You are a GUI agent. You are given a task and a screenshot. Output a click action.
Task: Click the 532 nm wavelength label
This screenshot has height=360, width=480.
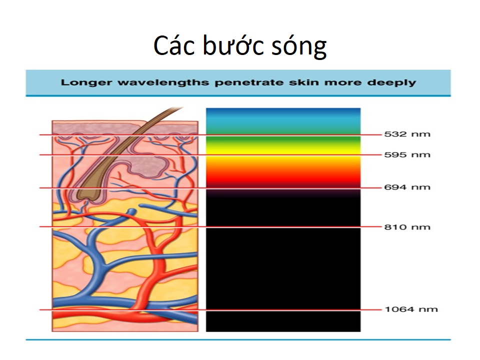pyautogui.click(x=407, y=134)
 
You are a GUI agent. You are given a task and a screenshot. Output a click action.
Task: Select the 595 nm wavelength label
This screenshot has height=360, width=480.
pyautogui.click(x=407, y=154)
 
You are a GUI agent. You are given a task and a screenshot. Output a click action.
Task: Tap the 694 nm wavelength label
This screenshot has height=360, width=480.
pyautogui.click(x=407, y=187)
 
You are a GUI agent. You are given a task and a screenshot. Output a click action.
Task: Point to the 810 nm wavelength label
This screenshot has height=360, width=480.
pyautogui.click(x=407, y=227)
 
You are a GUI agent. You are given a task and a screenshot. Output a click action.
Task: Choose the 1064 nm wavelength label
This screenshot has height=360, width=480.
pyautogui.click(x=411, y=309)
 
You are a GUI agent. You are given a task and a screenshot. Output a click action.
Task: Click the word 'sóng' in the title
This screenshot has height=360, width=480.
pyautogui.click(x=299, y=46)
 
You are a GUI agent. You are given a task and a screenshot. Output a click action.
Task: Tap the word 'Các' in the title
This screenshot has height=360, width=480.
pyautogui.click(x=174, y=45)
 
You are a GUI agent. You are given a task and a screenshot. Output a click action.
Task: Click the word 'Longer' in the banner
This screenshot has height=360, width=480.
pyautogui.click(x=86, y=82)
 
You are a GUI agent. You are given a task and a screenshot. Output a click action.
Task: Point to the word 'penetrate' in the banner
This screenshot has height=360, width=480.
pyautogui.click(x=249, y=82)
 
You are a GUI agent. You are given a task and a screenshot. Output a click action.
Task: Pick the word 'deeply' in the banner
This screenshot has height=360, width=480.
pyautogui.click(x=391, y=82)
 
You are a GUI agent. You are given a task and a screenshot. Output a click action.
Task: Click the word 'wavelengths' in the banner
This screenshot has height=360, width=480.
pyautogui.click(x=163, y=82)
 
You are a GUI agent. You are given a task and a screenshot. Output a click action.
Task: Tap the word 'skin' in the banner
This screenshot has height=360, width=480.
pyautogui.click(x=303, y=82)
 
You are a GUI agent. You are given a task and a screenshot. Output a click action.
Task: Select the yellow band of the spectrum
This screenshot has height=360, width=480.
pyautogui.click(x=283, y=150)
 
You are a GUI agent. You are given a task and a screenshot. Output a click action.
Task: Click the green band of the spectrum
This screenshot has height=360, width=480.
pyautogui.click(x=283, y=140)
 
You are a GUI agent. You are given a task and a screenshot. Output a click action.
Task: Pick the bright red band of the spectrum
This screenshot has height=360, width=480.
pyautogui.click(x=283, y=177)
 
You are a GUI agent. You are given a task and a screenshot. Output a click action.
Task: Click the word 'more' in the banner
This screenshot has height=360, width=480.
pyautogui.click(x=343, y=82)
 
